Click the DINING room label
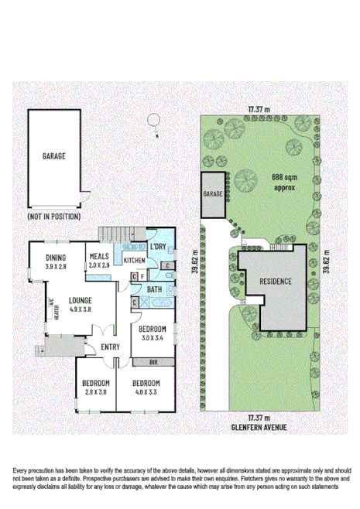point(55,258)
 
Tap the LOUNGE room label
point(81,300)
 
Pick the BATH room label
point(154,289)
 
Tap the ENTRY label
point(111,347)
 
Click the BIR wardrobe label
point(153,362)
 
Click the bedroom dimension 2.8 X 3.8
point(96,392)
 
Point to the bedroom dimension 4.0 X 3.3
point(146,392)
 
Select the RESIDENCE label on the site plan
point(275,282)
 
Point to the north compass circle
point(153,120)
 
